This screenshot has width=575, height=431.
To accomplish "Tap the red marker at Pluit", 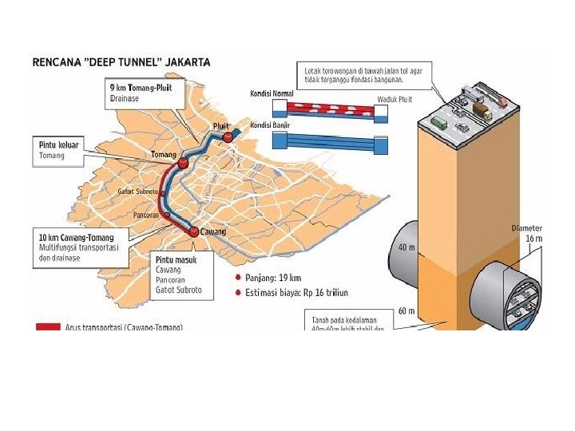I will tap(229, 137).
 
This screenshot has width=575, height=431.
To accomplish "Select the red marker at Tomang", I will tap(183, 163).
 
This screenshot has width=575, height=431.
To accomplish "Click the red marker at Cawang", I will tap(193, 231).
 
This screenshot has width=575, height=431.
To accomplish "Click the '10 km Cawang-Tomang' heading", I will tap(77, 238).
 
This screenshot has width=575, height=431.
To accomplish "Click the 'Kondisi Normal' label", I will tap(272, 93).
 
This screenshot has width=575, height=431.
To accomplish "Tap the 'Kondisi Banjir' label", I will tap(270, 125).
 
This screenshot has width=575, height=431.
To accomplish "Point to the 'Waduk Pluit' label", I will tap(394, 100).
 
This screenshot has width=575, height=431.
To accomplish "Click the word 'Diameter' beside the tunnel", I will tap(526, 228).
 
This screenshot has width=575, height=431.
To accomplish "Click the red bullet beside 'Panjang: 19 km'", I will tap(237, 279).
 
